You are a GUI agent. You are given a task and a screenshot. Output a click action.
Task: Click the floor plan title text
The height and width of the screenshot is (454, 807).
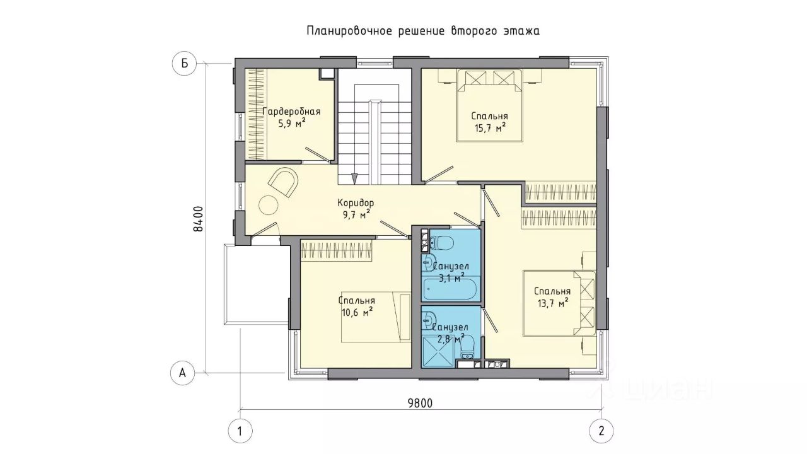click(423, 31)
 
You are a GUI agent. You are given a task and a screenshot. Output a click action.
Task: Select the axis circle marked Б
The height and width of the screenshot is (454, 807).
click(185, 64)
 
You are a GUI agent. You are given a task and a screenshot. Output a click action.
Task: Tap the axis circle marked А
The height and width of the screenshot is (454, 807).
click(183, 373)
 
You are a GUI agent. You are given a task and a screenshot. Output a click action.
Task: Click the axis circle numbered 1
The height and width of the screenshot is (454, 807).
click(240, 431)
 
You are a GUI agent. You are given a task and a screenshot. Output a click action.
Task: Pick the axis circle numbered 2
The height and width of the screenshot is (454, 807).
click(601, 431)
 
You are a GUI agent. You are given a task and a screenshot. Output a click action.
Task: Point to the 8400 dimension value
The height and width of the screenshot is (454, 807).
click(198, 219)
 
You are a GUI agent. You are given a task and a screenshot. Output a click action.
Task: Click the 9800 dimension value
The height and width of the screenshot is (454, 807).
click(420, 403)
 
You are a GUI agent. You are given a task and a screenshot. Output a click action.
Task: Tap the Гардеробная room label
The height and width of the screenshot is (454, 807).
click(291, 112)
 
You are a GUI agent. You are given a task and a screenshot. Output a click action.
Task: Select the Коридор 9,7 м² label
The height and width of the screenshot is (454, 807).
click(356, 209)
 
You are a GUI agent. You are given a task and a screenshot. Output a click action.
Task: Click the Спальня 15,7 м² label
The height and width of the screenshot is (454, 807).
click(490, 122)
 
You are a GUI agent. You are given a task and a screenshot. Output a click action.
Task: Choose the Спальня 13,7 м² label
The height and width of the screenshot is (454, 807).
click(553, 297)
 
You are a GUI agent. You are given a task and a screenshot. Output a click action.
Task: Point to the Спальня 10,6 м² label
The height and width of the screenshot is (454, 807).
click(357, 306)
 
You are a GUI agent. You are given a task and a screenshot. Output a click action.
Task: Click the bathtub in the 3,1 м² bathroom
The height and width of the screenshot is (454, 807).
click(450, 288)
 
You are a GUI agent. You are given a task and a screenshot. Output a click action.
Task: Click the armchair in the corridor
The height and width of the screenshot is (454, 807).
click(284, 182)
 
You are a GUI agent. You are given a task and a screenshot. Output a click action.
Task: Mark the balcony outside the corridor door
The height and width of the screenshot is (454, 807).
click(257, 284)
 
